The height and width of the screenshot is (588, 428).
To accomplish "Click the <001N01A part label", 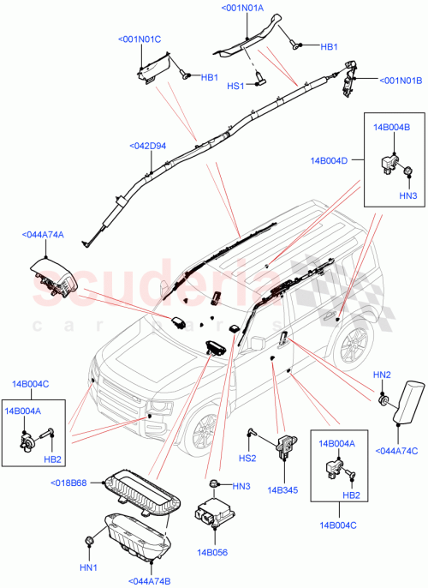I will pyautogui.click(x=242, y=9).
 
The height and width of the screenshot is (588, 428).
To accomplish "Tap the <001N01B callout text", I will pyautogui.click(x=400, y=81).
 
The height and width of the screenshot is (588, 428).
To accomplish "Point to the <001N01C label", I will pyautogui.click(x=140, y=39).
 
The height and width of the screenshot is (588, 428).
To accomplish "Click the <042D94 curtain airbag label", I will pyautogui.click(x=147, y=146).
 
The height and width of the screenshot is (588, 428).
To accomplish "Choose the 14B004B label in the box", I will pyautogui.click(x=391, y=128).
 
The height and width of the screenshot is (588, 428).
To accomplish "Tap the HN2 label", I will pyautogui.click(x=382, y=375).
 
